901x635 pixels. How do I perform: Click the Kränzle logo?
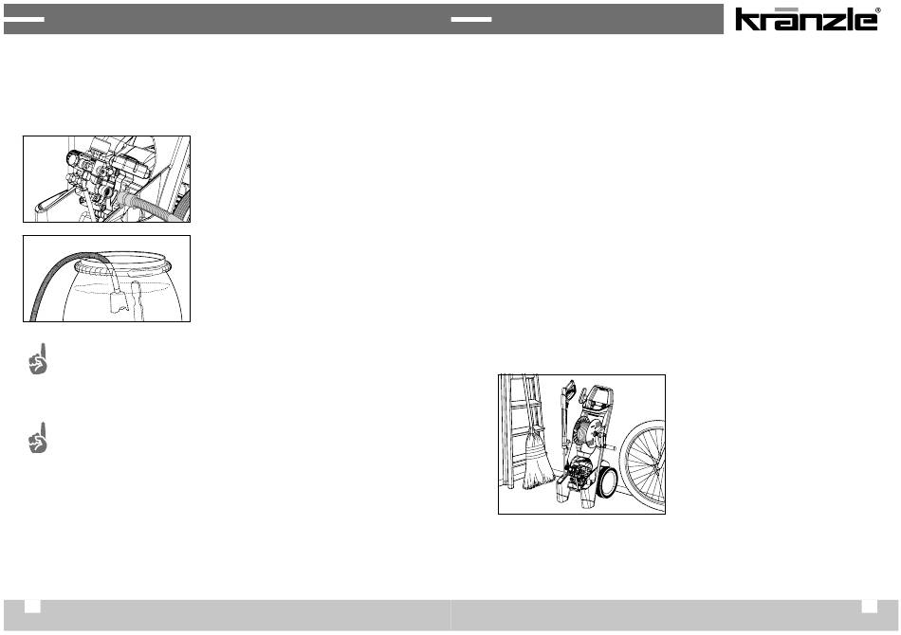(x=805, y=19)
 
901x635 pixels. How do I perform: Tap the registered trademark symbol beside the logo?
(x=877, y=9)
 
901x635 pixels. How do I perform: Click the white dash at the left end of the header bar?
(x=24, y=19)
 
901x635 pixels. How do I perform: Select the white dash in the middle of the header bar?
(x=471, y=19)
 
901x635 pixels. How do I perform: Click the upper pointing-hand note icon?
(x=38, y=359)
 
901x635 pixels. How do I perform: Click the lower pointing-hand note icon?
(x=38, y=438)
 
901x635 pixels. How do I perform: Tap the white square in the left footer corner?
(x=32, y=607)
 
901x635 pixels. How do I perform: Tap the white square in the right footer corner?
(x=870, y=607)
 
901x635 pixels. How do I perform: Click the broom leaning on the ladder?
(x=537, y=460)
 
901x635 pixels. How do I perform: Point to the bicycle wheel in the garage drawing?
(x=645, y=465)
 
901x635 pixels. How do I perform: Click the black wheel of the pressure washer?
(x=606, y=481)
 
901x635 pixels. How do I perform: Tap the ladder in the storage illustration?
(x=520, y=430)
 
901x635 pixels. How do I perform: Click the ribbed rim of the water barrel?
(x=123, y=265)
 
